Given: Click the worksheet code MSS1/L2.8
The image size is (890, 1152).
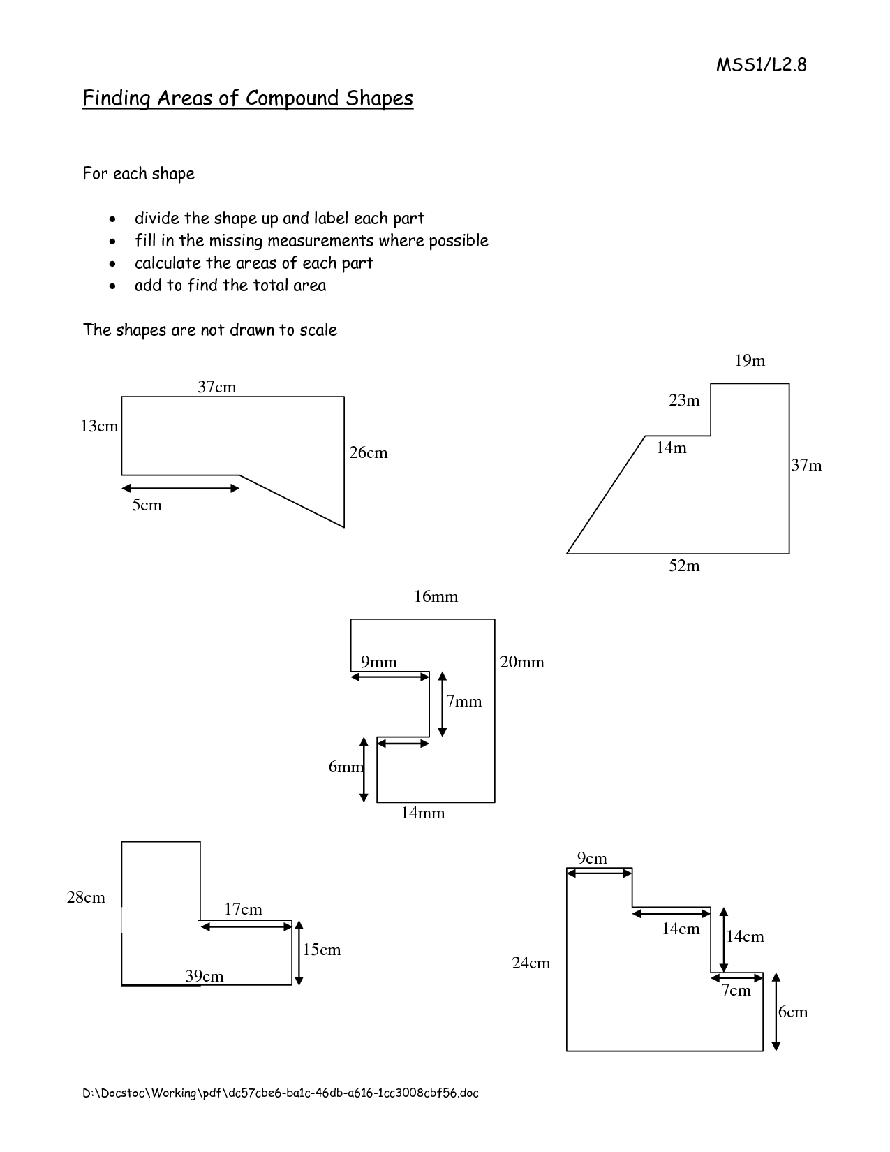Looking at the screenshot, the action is tap(761, 65).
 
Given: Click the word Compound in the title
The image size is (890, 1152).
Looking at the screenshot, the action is tap(292, 98).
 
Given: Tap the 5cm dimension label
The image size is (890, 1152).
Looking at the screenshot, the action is tap(147, 505).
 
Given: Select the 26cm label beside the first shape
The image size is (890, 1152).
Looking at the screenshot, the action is tap(369, 452).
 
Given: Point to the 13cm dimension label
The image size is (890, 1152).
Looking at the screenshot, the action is tap(99, 426).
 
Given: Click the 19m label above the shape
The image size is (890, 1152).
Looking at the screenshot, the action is tap(750, 361).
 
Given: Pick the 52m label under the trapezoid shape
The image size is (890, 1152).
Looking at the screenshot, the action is tap(684, 566).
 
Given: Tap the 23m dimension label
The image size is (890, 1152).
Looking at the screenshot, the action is tap(684, 400).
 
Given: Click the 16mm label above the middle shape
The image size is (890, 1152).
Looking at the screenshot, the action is tap(436, 597).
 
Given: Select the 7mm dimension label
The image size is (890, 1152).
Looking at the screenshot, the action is tap(463, 702).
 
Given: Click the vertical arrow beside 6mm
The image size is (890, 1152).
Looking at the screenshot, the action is tap(364, 769).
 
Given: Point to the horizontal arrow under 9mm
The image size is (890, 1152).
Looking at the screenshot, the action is tap(390, 677).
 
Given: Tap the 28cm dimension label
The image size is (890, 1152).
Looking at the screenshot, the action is tap(86, 898).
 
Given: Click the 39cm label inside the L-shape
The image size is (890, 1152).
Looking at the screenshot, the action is tap(204, 977).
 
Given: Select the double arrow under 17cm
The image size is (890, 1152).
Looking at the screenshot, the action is tap(246, 926).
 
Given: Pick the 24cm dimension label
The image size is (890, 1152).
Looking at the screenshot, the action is tap(531, 963).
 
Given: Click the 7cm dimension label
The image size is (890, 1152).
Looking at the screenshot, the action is tap(736, 990).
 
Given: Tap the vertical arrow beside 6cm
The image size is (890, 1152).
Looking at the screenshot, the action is tap(776, 1012).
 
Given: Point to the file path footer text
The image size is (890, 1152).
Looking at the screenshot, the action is tap(281, 1093).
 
